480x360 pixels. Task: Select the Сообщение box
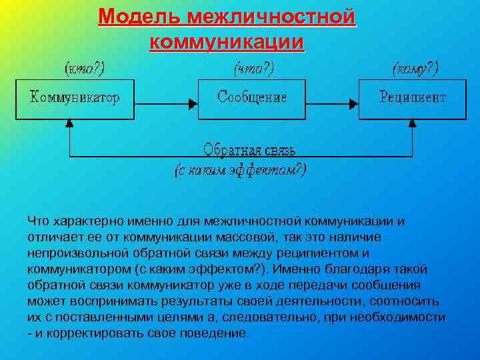tap(252, 99)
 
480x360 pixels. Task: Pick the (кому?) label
tap(415, 68)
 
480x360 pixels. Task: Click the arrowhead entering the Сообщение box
tap(193, 103)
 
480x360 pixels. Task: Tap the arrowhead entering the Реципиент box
tap(354, 103)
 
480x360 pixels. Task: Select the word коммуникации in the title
tap(227, 42)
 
